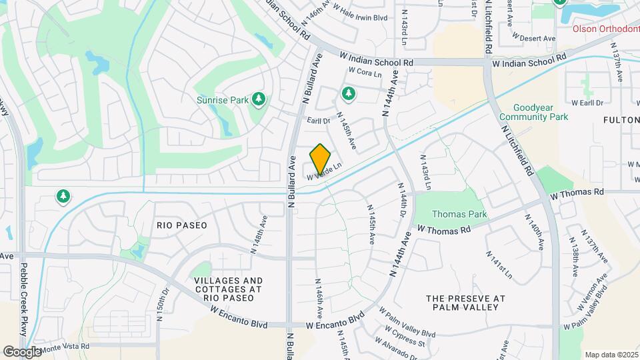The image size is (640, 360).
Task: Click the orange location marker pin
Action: [321, 159]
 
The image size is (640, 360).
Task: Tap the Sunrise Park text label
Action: [221, 100]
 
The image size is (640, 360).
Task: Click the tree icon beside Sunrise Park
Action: [259, 100]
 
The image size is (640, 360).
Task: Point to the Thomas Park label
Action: [459, 214]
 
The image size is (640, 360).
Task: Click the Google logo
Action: [23, 351]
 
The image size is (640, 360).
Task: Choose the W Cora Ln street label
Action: [365, 72]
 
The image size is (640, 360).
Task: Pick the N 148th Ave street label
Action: [259, 234]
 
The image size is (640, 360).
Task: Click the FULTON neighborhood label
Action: [621, 120]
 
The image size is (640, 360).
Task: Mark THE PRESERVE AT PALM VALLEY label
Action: [465, 303]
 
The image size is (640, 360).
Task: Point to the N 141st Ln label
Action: [499, 265]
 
